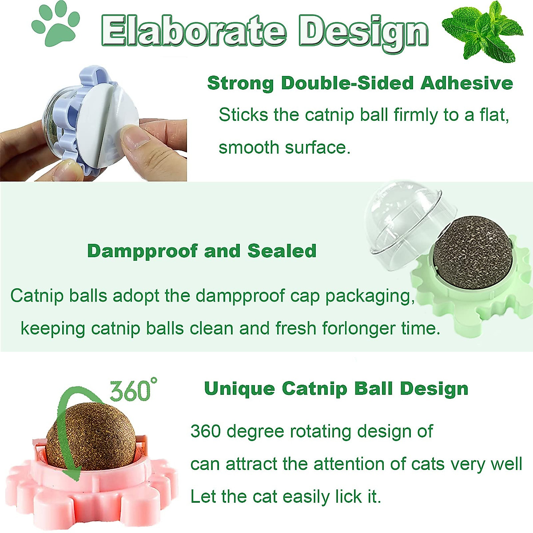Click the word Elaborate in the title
pos(193,31)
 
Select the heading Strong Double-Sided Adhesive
pos(360,83)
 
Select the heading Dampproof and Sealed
pos(202,251)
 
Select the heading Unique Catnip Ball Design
pos(336,389)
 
